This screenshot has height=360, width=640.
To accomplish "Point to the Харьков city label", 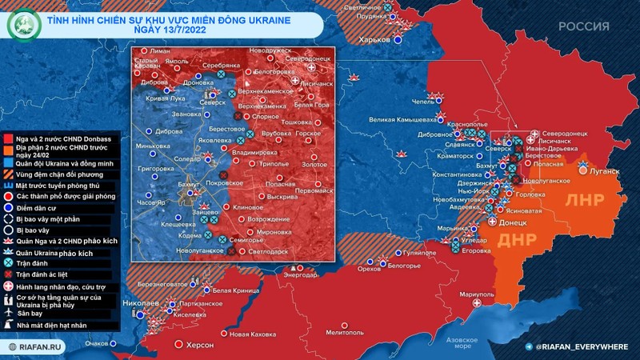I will [x=374, y=38].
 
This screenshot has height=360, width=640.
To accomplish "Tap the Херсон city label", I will [x=199, y=344].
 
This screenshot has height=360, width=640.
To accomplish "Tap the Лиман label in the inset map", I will [x=160, y=51].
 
